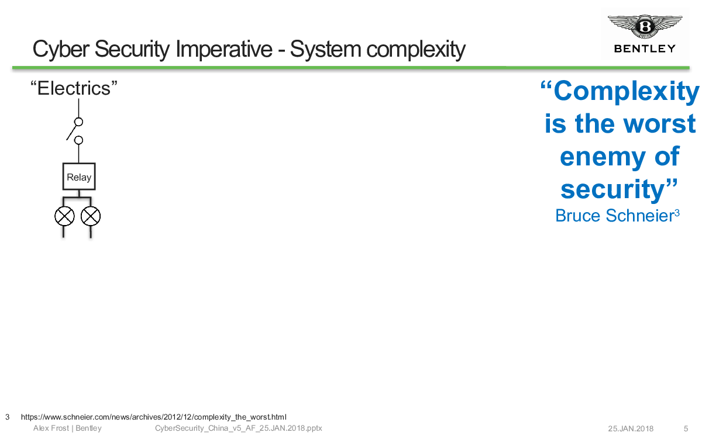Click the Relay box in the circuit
click(79, 176)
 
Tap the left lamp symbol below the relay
click(64, 216)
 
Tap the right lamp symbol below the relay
click(91, 216)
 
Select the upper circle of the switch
click(78, 122)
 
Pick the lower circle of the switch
click(78, 140)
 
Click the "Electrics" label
click(74, 88)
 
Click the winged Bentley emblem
click(645, 26)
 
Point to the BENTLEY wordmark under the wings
click(645, 49)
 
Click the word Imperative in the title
click(224, 49)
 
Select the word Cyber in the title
click(61, 50)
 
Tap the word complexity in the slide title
click(416, 50)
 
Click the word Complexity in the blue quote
click(626, 91)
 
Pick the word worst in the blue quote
click(659, 124)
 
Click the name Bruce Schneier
click(615, 216)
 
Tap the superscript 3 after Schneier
click(677, 213)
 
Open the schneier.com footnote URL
click(153, 417)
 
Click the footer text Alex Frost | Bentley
click(67, 428)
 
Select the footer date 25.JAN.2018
click(631, 428)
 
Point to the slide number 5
click(686, 428)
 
